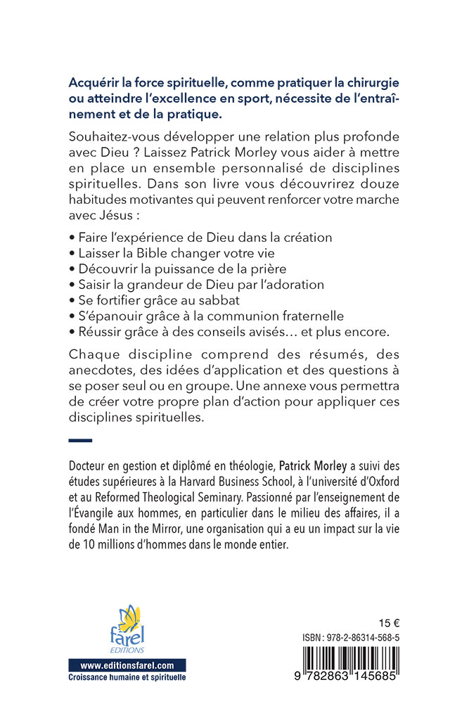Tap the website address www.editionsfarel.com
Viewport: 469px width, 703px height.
point(127,665)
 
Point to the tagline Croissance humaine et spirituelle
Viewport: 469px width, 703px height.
point(127,678)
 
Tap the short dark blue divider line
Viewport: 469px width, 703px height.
point(82,441)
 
